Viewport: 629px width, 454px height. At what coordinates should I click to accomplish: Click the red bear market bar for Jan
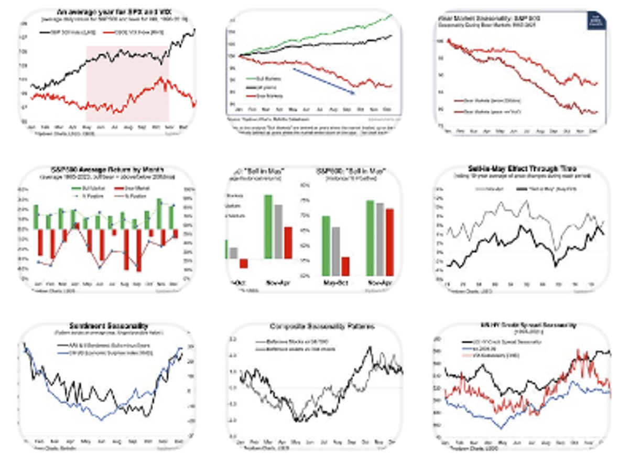[39, 246]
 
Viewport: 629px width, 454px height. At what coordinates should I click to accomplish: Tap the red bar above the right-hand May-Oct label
[345, 266]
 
